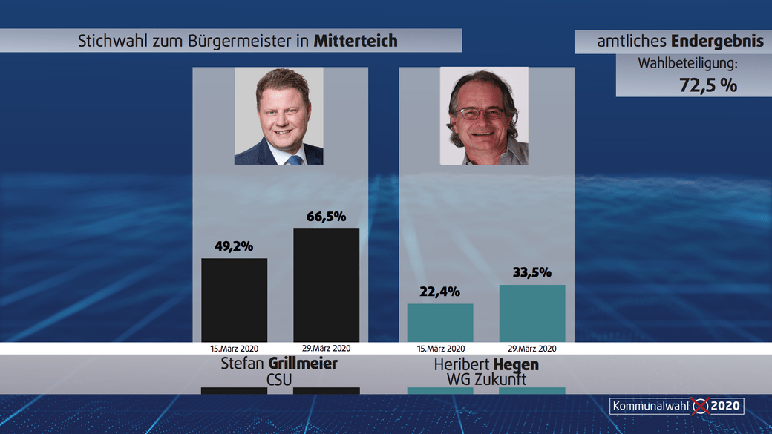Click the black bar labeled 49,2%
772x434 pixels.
pos(234,300)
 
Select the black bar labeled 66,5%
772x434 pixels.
pos(326,285)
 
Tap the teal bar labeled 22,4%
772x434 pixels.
pos(440,323)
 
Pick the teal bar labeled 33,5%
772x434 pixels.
pos(532,313)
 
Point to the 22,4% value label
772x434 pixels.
pos(440,292)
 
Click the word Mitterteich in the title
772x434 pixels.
pos(356,41)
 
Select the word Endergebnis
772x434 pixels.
pos(719,42)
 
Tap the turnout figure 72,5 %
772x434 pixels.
pos(708,85)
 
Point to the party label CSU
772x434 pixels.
pos(279,379)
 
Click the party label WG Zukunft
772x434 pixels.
pos(487,379)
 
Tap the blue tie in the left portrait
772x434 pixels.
pos(295,159)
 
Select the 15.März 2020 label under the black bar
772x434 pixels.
pos(234,348)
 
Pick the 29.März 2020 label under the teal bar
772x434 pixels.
pos(531,348)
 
